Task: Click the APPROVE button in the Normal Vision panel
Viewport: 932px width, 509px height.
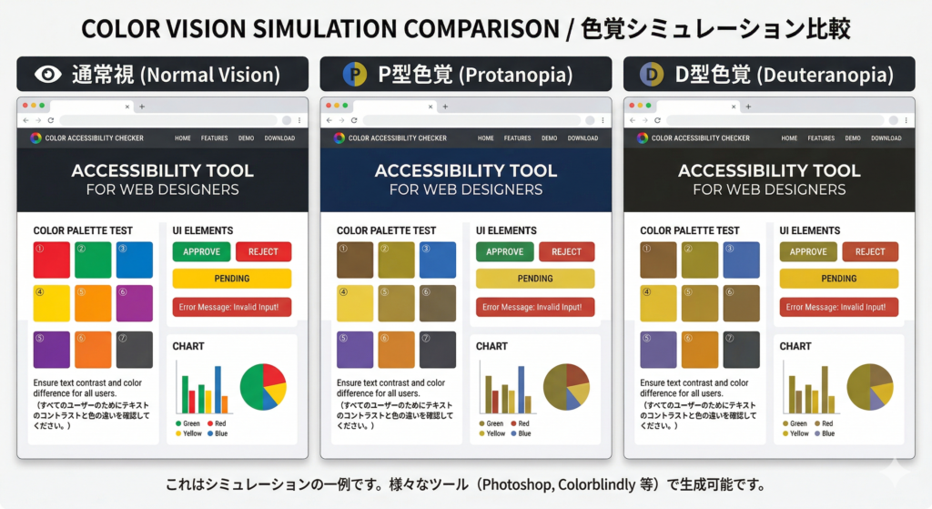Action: (201, 251)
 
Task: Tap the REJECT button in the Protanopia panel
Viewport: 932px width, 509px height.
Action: (566, 251)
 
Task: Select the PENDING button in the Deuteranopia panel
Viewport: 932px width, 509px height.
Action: (838, 279)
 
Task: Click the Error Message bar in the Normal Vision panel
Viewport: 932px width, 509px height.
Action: (232, 307)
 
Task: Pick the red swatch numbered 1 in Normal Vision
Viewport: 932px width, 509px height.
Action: (51, 260)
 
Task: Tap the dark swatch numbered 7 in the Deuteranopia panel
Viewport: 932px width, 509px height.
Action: (740, 350)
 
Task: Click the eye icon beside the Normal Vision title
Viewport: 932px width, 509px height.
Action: (46, 75)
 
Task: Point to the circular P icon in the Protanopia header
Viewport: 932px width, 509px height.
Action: (354, 75)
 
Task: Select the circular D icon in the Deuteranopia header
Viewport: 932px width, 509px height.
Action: (652, 75)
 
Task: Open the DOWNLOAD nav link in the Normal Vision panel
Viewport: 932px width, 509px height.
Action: (279, 138)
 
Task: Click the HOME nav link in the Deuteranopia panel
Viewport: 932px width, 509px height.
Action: (789, 138)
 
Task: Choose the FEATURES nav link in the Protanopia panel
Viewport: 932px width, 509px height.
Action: (517, 138)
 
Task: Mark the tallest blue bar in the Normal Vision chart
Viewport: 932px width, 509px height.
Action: (218, 390)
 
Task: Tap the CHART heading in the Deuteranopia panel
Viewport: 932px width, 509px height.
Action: (795, 346)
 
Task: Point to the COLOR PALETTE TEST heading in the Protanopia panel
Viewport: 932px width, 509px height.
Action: (386, 230)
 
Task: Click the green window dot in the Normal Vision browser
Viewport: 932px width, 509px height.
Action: (41, 107)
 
